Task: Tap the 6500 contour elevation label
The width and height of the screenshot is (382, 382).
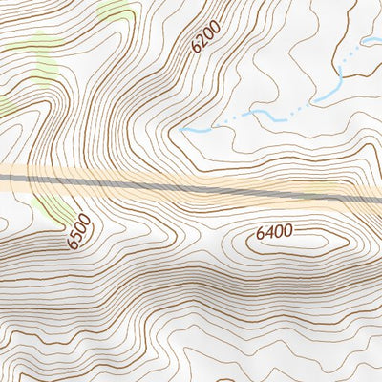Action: (79, 231)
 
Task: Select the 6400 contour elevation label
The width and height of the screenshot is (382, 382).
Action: (274, 231)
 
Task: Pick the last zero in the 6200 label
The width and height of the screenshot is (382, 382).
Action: (216, 27)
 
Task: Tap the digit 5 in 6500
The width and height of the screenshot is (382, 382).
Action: (76, 237)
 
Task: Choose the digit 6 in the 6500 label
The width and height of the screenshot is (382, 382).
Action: (73, 244)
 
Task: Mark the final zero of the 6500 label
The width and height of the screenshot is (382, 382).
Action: (86, 219)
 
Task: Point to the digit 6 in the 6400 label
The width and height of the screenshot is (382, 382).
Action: (260, 231)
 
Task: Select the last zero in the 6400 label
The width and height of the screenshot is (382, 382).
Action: (287, 231)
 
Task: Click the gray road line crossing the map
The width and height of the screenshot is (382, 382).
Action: (191, 185)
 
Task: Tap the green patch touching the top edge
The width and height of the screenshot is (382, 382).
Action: (115, 10)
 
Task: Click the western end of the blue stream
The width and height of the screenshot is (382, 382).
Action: (183, 129)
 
